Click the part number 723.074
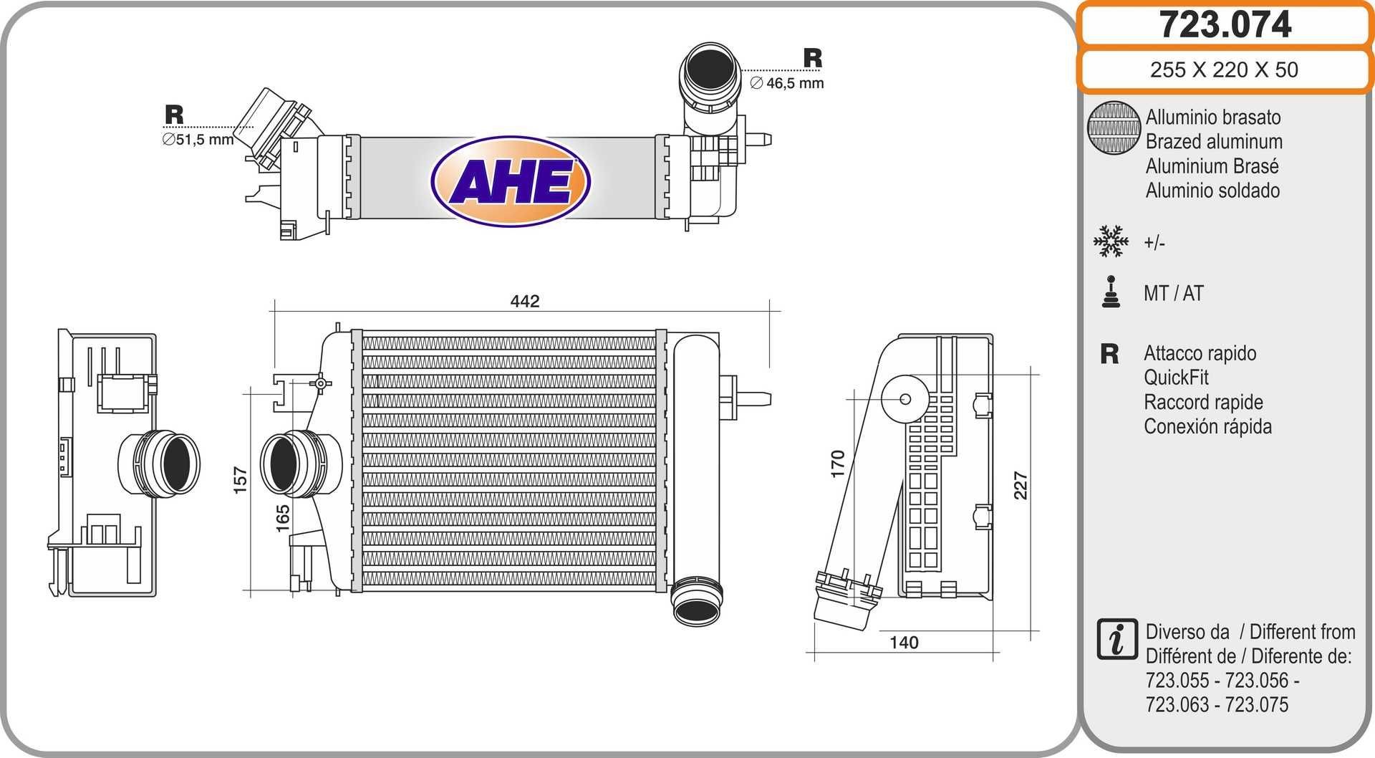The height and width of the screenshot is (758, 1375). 1225,24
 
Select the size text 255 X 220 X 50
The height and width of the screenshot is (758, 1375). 1224,69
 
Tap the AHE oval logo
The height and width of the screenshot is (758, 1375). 511,181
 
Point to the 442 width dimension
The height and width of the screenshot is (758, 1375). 524,301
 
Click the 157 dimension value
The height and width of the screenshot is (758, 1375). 240,479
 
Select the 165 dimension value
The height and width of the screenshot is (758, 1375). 283,518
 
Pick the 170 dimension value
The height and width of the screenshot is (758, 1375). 838,464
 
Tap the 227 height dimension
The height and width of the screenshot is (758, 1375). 1021,485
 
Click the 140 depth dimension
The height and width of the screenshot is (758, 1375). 904,643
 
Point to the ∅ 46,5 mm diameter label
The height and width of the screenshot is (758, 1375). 787,83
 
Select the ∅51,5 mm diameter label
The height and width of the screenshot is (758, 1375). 198,140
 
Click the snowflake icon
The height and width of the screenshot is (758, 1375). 1111,241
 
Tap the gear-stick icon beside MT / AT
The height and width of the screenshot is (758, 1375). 1111,292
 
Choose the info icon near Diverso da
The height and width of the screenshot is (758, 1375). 1116,639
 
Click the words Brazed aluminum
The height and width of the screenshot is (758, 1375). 1214,141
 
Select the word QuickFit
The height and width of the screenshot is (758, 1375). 1176,378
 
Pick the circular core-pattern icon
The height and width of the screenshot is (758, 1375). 1114,128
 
